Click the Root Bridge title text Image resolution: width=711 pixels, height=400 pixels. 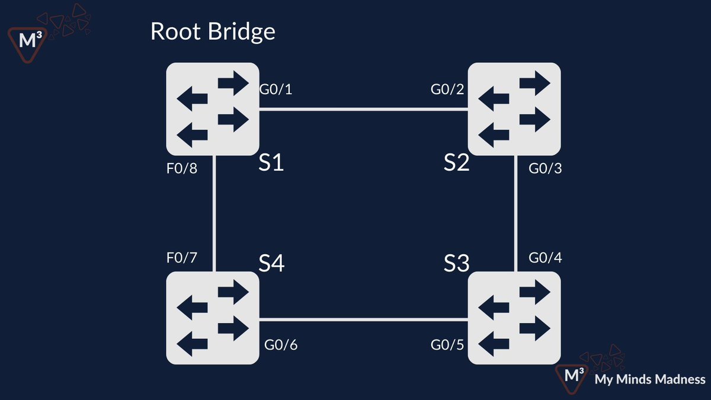coord(213,31)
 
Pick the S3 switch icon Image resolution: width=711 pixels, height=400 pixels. coord(514,318)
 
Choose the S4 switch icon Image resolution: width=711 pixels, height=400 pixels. coord(213,318)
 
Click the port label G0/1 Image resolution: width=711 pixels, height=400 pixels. coord(276,90)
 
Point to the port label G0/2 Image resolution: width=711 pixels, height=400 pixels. coord(447,90)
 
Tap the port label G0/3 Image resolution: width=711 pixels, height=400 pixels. coord(545,169)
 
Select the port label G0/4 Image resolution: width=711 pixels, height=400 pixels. coord(545,258)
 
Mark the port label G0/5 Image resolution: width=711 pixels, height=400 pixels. coord(447,345)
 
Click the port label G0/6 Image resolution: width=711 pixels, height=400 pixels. coord(281,345)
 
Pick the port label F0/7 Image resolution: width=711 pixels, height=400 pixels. coord(181,258)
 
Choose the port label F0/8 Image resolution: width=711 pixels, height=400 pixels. coord(181,169)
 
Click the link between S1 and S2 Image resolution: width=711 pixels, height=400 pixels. coord(363,109)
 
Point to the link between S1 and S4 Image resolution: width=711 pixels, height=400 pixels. coord(213,213)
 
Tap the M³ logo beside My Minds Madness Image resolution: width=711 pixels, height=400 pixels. coord(572,376)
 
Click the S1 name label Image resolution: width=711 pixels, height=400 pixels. coord(271,163)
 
